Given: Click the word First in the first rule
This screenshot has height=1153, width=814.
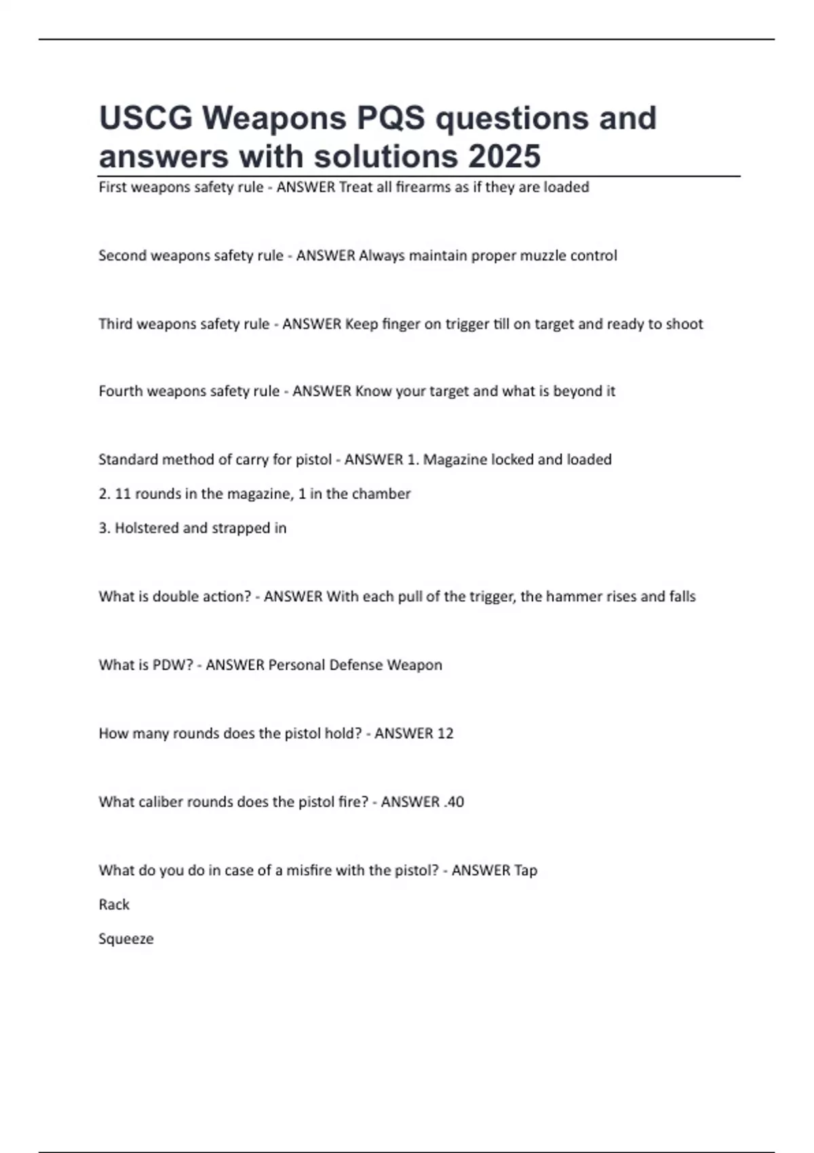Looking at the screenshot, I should [x=112, y=187].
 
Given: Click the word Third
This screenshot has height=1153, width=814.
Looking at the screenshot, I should [x=115, y=324].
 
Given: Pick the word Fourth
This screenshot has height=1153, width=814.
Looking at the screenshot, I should [x=120, y=391].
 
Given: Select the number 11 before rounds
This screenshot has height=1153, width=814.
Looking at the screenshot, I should [x=123, y=494].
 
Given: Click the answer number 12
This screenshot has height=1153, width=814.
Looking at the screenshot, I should [x=445, y=734].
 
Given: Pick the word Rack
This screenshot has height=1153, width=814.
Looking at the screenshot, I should [x=114, y=905].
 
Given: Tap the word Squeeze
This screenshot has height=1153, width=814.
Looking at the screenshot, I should [x=126, y=939].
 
